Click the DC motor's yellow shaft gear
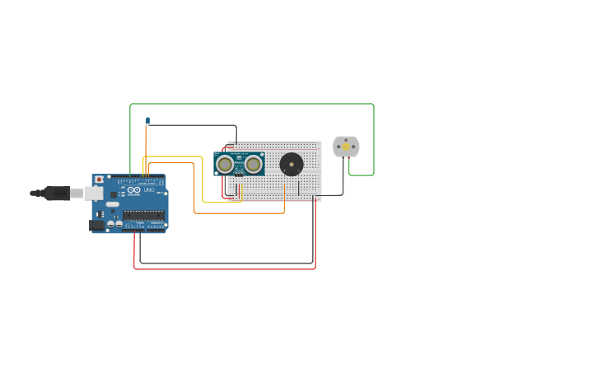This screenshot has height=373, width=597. click(x=346, y=147)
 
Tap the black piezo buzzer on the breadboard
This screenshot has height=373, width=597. click(x=291, y=164)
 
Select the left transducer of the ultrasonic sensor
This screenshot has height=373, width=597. click(x=224, y=164)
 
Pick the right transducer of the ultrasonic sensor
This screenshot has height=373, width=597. click(x=253, y=164)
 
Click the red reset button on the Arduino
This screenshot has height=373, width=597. click(x=99, y=180)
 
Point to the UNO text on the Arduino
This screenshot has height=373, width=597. click(x=149, y=190)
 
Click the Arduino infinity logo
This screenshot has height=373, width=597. click(x=134, y=190)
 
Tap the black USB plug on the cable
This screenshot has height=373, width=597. click(x=56, y=193)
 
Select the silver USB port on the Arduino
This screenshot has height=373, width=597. click(x=94, y=193)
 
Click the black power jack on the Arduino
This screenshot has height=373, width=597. click(x=97, y=225)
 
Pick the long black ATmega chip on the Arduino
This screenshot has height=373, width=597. click(x=143, y=215)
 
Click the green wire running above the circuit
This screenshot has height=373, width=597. click(x=247, y=104)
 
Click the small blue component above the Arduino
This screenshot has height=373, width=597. click(x=147, y=121)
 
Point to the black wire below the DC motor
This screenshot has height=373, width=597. click(x=343, y=181)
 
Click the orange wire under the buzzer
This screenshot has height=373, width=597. click(x=239, y=213)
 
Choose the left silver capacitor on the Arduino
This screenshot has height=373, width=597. click(x=110, y=223)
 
